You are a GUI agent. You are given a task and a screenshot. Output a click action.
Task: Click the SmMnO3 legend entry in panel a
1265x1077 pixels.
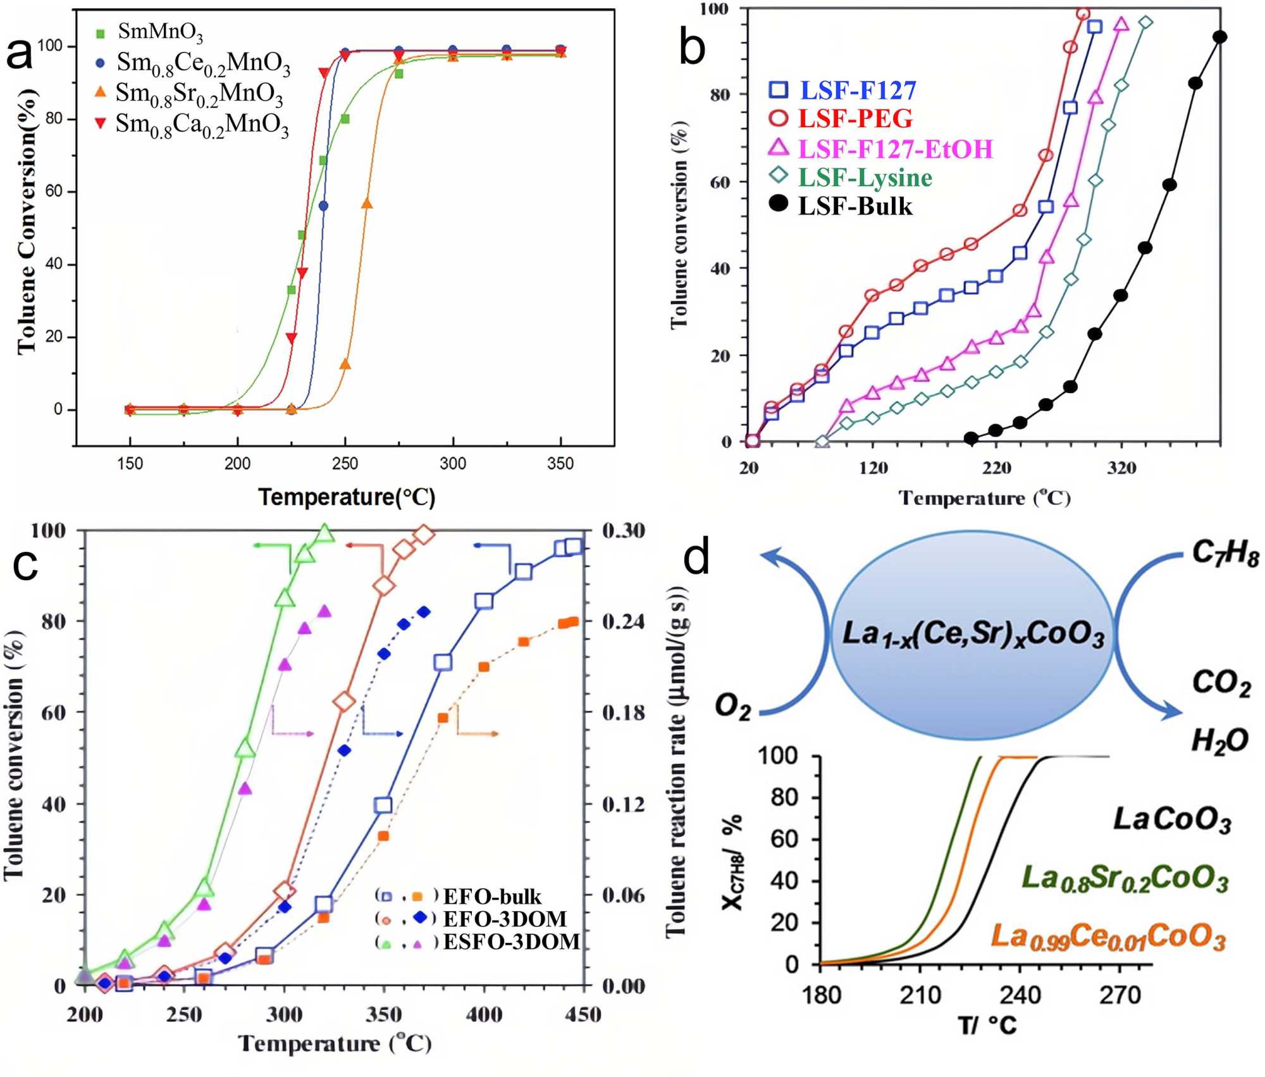pyautogui.click(x=161, y=32)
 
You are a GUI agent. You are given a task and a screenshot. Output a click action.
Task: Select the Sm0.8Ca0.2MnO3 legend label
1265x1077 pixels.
pyautogui.click(x=202, y=125)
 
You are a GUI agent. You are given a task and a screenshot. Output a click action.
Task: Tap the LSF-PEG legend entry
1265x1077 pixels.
pyautogui.click(x=855, y=119)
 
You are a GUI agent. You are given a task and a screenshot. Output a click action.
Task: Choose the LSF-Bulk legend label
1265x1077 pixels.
pyautogui.click(x=855, y=206)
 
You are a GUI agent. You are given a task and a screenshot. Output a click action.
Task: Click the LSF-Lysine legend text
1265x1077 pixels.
pyautogui.click(x=865, y=178)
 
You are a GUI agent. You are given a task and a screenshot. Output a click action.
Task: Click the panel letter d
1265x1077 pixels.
pyautogui.click(x=696, y=557)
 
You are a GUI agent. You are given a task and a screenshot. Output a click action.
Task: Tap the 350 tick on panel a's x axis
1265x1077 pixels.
pyautogui.click(x=560, y=464)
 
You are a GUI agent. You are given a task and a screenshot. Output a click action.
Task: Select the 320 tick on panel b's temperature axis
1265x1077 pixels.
pyautogui.click(x=1122, y=468)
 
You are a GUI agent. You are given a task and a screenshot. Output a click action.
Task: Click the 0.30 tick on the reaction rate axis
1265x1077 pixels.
pyautogui.click(x=623, y=530)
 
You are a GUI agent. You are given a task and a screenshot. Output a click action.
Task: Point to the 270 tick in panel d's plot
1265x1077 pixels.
pyautogui.click(x=1120, y=995)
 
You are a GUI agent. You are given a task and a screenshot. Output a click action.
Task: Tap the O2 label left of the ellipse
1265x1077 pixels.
pyautogui.click(x=733, y=707)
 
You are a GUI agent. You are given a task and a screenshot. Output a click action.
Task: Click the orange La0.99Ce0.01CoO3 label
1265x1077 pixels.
pyautogui.click(x=1108, y=937)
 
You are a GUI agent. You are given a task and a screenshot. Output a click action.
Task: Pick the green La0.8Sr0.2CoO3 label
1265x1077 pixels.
pyautogui.click(x=1125, y=878)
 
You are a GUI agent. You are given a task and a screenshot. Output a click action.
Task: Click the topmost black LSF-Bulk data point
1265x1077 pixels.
pyautogui.click(x=1220, y=37)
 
